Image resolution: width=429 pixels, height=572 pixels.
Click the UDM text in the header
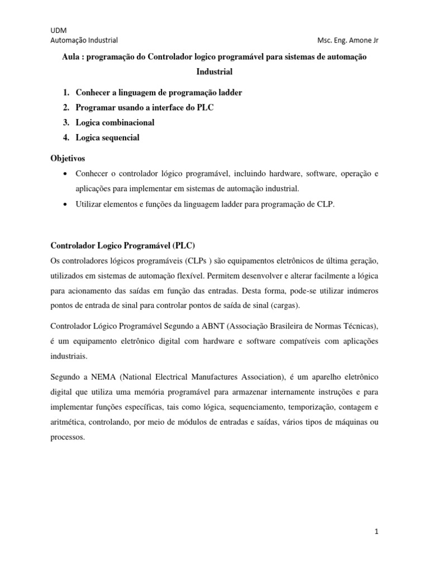[58, 30]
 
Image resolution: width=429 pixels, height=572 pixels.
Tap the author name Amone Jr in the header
[368, 40]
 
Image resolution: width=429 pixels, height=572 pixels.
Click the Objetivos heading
[68, 159]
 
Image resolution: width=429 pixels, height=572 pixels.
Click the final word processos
[68, 437]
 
